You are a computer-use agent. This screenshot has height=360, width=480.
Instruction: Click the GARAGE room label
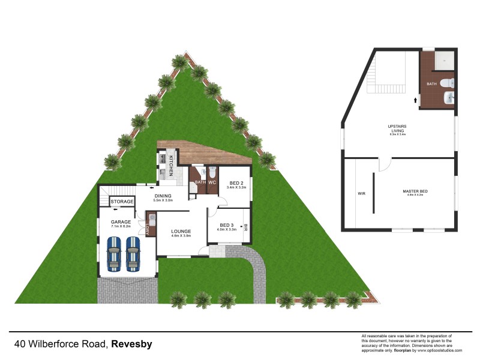(x=121, y=222)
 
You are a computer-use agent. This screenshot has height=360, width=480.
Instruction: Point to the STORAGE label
(x=122, y=202)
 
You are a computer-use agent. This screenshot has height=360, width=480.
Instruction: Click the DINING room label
(x=163, y=196)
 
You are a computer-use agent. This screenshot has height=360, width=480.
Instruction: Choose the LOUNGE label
(x=181, y=231)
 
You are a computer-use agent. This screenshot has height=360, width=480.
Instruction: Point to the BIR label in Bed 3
(x=245, y=227)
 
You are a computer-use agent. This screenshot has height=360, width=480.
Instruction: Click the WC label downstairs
(x=212, y=182)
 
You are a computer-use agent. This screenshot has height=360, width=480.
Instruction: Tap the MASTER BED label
(x=415, y=191)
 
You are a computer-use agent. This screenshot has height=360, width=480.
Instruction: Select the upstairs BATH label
(x=431, y=84)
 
